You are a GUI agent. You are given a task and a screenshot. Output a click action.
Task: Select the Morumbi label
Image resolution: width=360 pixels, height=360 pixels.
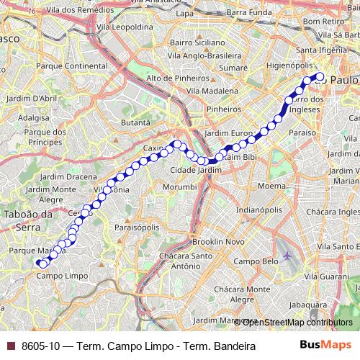(179, 186)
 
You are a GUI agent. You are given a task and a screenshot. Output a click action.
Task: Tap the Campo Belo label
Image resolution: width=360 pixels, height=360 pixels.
(254, 261)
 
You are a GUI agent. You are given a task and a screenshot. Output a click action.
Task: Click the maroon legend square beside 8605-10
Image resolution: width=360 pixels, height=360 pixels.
(11, 346)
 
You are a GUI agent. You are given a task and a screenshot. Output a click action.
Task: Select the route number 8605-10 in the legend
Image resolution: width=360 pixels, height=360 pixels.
(40, 346)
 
